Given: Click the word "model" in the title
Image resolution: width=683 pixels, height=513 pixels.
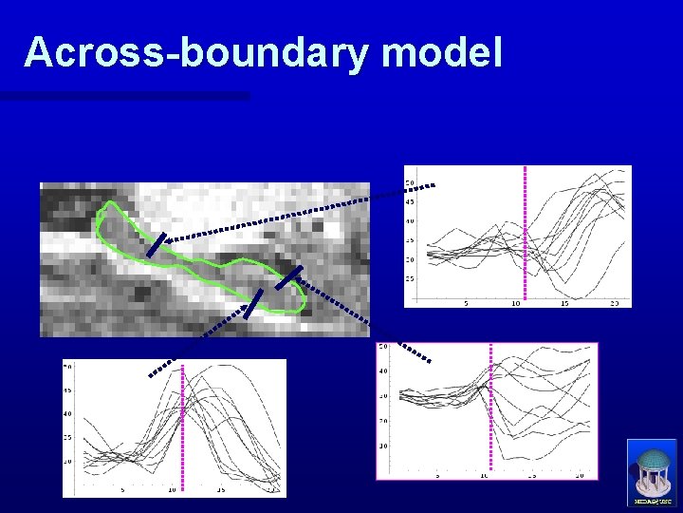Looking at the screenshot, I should click(x=442, y=52).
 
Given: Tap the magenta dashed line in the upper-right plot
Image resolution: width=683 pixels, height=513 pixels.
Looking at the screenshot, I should click(x=526, y=233).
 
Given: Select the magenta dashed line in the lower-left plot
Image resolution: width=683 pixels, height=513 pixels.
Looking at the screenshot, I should click(x=182, y=427).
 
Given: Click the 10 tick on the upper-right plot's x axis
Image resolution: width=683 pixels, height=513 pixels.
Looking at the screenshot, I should click(x=515, y=304).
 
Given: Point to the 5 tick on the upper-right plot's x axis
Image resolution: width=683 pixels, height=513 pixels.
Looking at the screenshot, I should click(x=466, y=304).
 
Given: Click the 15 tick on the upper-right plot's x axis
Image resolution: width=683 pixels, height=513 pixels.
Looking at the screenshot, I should click(x=564, y=304).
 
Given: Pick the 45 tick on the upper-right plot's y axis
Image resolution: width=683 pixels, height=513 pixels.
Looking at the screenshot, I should click(x=410, y=201).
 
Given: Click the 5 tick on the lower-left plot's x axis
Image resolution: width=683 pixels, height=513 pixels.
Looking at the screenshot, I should click(x=122, y=490).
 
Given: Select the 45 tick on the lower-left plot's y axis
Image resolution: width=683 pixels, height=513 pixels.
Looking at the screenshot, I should click(x=68, y=390).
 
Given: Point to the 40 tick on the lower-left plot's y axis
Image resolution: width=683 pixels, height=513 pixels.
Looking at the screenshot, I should click(x=68, y=414).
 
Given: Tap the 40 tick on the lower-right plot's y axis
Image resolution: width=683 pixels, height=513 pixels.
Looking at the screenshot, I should click(x=382, y=370).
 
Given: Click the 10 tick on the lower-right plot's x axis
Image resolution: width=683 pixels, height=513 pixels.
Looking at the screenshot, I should click(x=485, y=474).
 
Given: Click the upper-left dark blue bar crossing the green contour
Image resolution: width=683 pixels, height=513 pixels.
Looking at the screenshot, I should click(x=157, y=244).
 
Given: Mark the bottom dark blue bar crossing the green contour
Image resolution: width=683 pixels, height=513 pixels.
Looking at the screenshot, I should click(x=252, y=304).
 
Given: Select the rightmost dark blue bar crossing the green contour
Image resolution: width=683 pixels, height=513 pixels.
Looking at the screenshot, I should click(x=288, y=277).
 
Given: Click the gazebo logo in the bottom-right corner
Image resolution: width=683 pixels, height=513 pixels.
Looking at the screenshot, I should click(x=652, y=472).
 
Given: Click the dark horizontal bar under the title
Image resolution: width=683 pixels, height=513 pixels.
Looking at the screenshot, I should click(x=124, y=96).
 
